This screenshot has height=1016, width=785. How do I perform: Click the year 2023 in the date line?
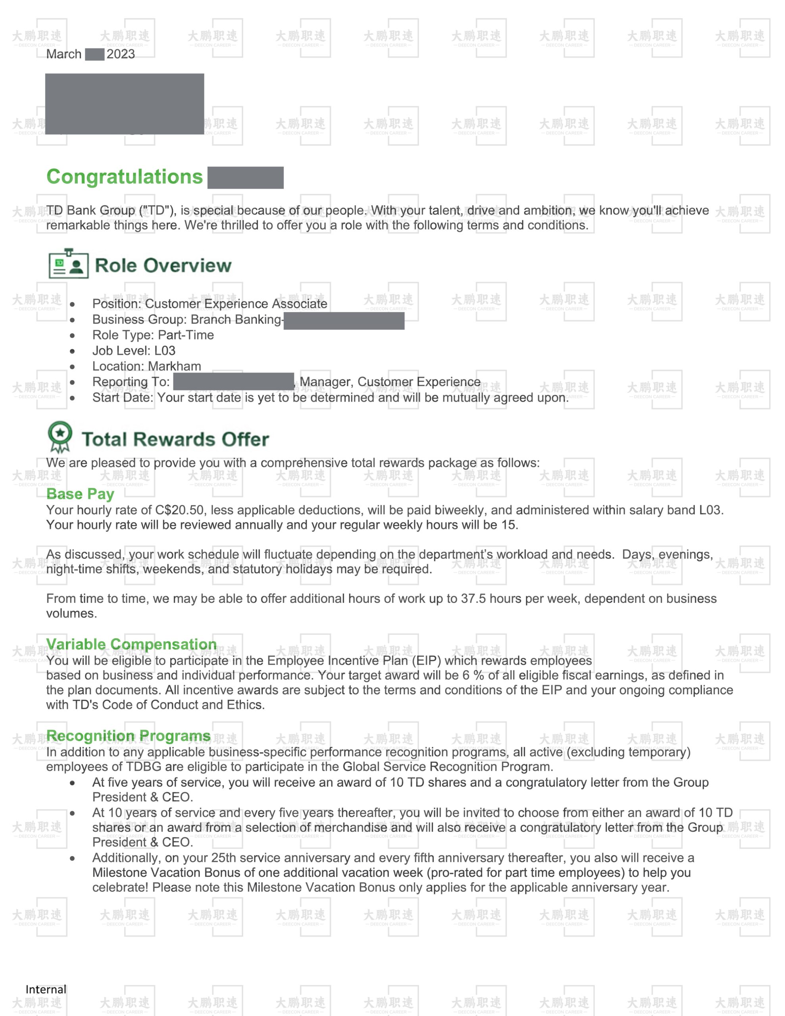(x=121, y=54)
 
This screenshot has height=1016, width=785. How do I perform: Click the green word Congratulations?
(x=124, y=177)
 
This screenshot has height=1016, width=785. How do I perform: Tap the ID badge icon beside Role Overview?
(x=68, y=264)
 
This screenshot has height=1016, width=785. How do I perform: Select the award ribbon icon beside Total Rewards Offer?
(x=60, y=436)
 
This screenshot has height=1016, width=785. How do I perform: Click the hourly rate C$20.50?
(x=180, y=510)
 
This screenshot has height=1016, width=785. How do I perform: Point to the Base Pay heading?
(x=80, y=494)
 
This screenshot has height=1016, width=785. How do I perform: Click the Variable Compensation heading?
(x=131, y=644)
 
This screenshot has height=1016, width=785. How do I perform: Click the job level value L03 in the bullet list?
(x=165, y=351)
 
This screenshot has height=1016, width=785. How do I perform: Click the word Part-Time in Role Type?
(x=186, y=335)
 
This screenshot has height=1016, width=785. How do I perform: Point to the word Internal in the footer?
(x=46, y=989)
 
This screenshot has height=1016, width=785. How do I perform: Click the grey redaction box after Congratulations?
(x=245, y=178)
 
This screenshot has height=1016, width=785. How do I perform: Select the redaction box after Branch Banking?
(x=344, y=321)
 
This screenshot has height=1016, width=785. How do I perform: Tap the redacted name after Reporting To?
(x=233, y=381)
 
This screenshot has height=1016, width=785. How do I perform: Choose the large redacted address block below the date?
(x=124, y=104)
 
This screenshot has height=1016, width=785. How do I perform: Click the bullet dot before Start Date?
(x=72, y=398)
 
